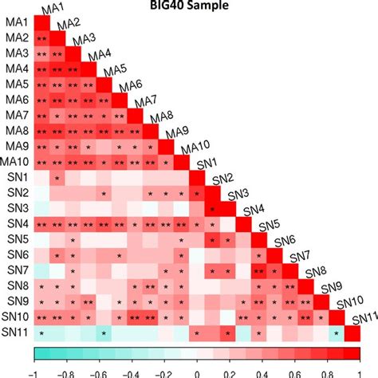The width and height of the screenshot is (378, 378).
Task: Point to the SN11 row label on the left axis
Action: pos(17,333)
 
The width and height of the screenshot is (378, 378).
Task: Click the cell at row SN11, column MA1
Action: pos(41,333)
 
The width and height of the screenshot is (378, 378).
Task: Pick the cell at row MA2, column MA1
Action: pos(41,37)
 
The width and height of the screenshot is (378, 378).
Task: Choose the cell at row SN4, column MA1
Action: pos(41,224)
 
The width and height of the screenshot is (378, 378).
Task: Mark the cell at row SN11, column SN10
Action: pos(337,333)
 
